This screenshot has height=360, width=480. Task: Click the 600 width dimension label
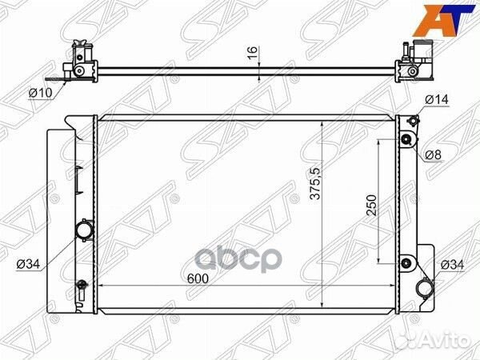click(x=198, y=278)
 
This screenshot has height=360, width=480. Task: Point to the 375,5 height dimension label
click(x=315, y=184)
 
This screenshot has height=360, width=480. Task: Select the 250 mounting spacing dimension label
click(x=372, y=205)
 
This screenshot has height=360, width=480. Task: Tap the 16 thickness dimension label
click(x=253, y=54)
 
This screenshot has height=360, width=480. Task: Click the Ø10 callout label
click(x=41, y=92)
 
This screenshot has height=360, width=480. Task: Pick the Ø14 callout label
click(x=437, y=99)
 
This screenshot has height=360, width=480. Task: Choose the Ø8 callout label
click(x=433, y=155)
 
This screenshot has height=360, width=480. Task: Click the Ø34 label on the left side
click(x=29, y=264)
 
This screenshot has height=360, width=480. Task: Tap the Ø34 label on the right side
click(x=452, y=265)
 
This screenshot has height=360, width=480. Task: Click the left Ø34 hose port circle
click(x=85, y=230)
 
